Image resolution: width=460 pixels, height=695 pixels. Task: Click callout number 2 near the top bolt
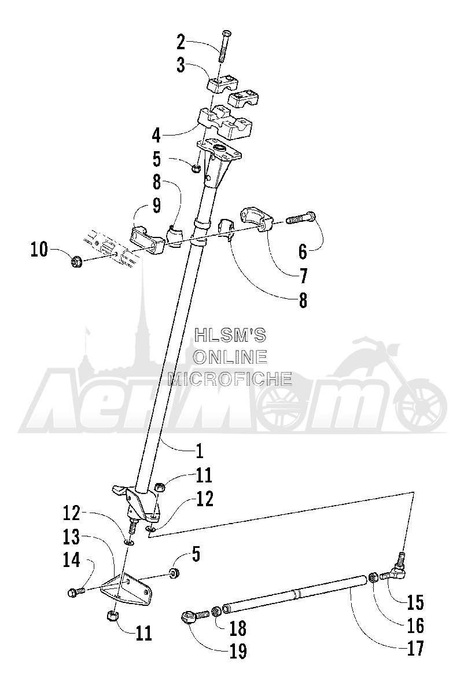click(x=181, y=42)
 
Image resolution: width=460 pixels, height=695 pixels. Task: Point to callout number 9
click(x=157, y=205)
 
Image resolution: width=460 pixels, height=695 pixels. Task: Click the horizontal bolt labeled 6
click(x=300, y=218)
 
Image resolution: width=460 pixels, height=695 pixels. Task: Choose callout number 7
click(x=303, y=276)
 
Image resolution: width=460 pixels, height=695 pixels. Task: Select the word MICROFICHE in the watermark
click(x=230, y=379)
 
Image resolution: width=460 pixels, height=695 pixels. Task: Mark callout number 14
click(x=72, y=561)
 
